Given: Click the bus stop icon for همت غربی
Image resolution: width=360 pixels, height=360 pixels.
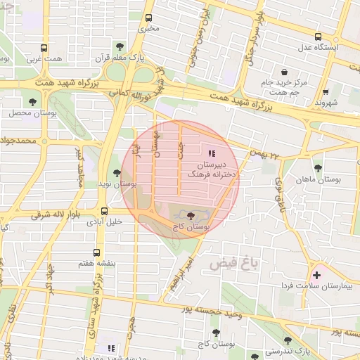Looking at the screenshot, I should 44,49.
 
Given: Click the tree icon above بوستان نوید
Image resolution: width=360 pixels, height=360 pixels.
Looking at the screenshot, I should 117,173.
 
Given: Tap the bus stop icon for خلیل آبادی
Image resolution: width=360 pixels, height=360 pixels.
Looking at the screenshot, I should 104,210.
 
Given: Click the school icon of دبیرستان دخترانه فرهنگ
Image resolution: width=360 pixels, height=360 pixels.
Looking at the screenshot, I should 212,153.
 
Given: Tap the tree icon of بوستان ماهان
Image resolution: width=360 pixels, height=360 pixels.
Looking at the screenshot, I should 319,169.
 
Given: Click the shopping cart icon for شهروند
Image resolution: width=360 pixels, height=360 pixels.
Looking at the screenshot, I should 326,92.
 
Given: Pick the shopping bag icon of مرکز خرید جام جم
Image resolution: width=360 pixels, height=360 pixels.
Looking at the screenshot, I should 284,72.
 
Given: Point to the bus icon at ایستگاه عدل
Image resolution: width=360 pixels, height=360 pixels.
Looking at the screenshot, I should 318,37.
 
